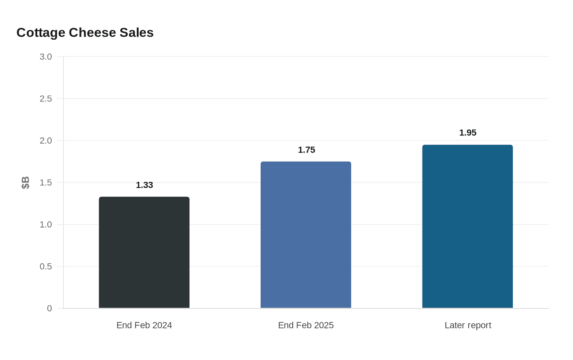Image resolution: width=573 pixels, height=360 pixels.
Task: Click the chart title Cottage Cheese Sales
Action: [x=85, y=33]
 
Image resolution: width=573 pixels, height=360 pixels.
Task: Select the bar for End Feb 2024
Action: [x=144, y=252]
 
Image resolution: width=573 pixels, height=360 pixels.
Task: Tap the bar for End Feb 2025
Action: [x=306, y=235]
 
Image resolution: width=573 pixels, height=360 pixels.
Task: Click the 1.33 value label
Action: [x=144, y=185]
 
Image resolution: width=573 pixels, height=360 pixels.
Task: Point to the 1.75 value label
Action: [x=307, y=150]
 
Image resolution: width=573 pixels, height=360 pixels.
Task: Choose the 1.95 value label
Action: [x=468, y=133]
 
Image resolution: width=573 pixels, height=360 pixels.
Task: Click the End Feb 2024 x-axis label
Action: [x=144, y=325]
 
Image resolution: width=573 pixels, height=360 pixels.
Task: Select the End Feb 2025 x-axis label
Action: [x=306, y=325]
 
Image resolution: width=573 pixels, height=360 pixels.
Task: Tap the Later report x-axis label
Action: [x=468, y=325]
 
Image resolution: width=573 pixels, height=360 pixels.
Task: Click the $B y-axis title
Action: [x=25, y=182]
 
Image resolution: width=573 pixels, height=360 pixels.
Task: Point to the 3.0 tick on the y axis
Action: [x=46, y=57]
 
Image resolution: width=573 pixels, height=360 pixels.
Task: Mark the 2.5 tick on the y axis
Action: [x=46, y=99]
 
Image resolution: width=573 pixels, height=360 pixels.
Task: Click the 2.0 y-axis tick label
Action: [x=46, y=141]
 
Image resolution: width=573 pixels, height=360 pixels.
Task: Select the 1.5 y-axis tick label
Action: [x=46, y=183]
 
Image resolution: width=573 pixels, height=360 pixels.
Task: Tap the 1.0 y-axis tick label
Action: [x=46, y=225]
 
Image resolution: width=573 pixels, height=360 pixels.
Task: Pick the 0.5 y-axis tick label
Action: [x=46, y=267]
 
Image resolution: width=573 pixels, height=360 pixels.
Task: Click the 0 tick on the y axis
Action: [x=50, y=308]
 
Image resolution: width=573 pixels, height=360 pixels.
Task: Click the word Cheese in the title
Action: [x=92, y=33]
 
